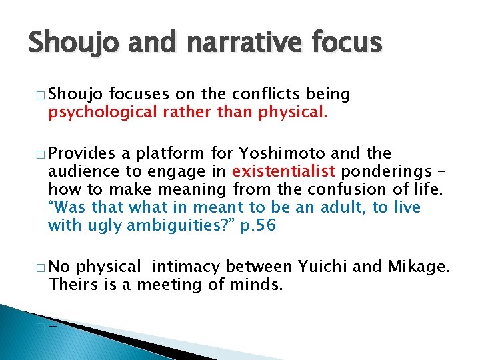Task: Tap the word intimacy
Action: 187,267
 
